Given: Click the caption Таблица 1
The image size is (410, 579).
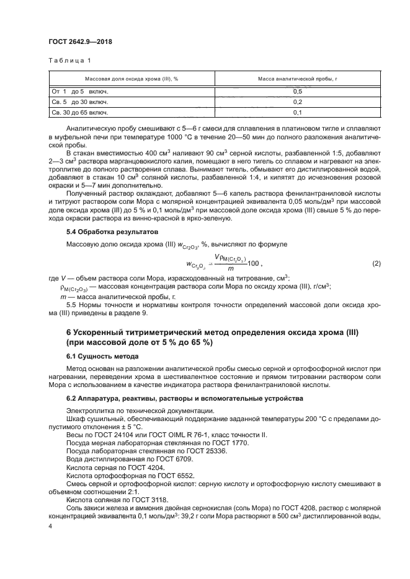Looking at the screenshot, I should (x=69, y=61).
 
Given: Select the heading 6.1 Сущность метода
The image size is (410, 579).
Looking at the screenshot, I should (x=102, y=357).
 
